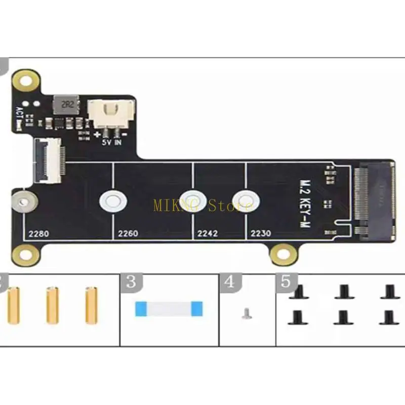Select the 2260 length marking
point(128,234)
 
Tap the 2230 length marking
point(261,234)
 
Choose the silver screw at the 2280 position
point(23,202)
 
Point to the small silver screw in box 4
point(247,314)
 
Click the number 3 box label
point(131,281)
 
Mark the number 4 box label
point(230,281)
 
